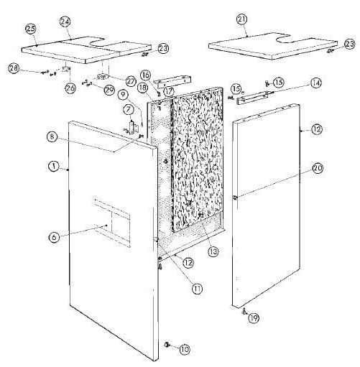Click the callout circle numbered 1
[x=53, y=167]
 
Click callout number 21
[x=241, y=18]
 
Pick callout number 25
[x=30, y=28]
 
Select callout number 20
[x=317, y=169]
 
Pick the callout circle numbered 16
[x=144, y=75]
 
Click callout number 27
[x=131, y=80]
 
